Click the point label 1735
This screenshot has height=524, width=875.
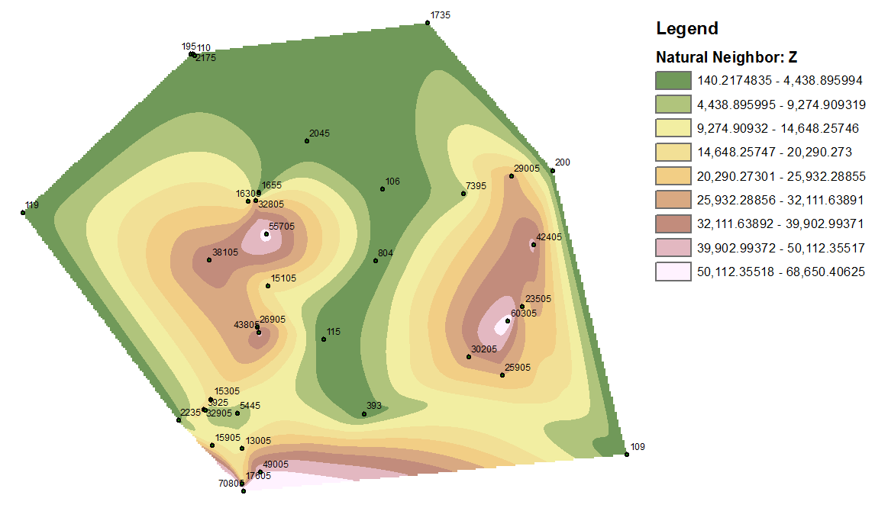pos(441,15)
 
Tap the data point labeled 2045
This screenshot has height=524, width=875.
pos(307,141)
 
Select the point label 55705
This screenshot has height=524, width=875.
pos(281,227)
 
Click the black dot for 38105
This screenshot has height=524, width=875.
pos(209,261)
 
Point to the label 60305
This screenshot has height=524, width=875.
pos(524,313)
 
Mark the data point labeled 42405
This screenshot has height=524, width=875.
pos(533,244)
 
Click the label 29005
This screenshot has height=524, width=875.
pos(526,169)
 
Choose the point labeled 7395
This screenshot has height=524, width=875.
pos(463,194)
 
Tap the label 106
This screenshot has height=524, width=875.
pos(392,182)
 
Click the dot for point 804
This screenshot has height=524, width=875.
pos(376,261)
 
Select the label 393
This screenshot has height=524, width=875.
pos(374,406)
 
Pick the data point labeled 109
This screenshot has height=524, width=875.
pos(627,455)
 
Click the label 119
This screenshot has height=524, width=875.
pos(32,205)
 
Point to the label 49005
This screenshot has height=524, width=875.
pos(275,465)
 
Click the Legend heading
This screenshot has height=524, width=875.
pos(687,29)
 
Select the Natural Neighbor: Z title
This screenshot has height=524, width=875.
pos(727,57)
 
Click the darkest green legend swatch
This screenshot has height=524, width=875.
pos(673,81)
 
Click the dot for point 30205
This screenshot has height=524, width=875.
pos(469,357)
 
